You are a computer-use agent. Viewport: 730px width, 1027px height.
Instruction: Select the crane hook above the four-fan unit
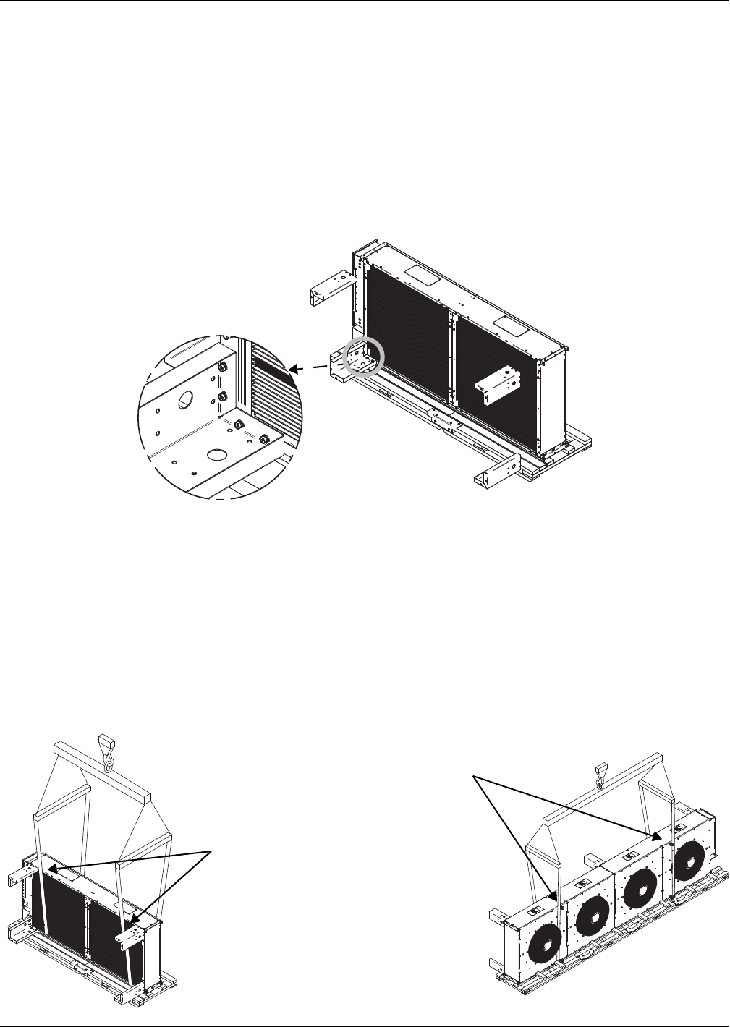pos(599,776)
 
